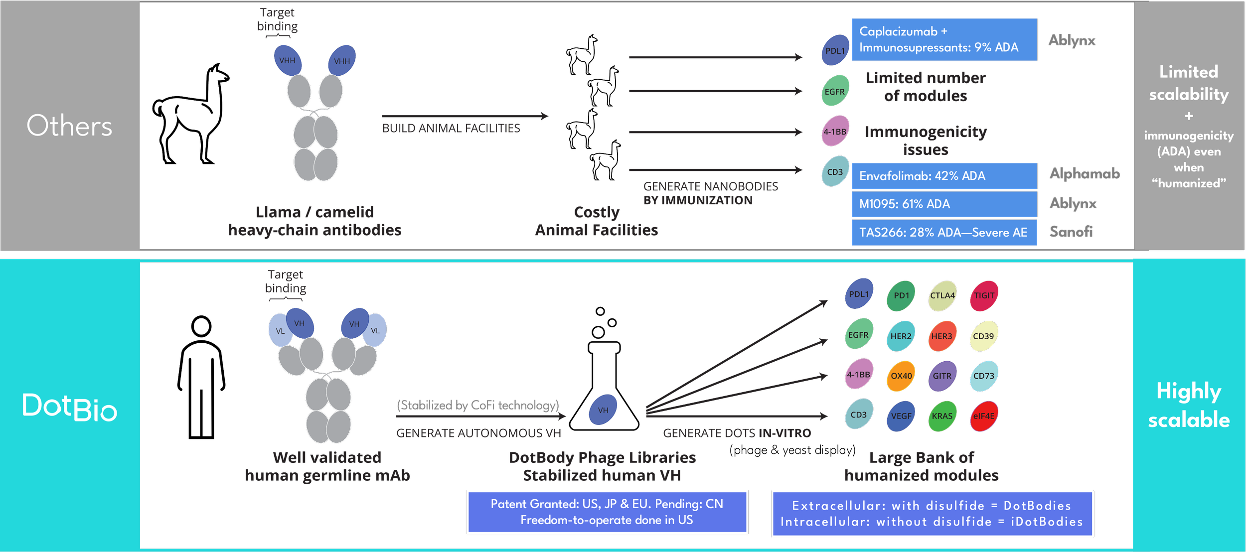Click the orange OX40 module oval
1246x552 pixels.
coord(901,377)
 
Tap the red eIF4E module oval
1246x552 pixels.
coord(983,416)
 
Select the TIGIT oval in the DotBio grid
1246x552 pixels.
coord(984,296)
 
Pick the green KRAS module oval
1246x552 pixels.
coord(942,416)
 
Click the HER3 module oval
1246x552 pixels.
coord(942,336)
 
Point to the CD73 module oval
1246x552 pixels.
coord(984,377)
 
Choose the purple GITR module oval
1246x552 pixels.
coord(942,377)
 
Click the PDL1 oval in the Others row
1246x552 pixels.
coord(835,51)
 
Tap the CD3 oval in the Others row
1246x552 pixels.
coord(835,172)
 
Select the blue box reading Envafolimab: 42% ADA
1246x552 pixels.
coord(944,176)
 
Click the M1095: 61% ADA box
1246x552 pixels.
coord(944,204)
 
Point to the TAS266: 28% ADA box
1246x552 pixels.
coord(944,233)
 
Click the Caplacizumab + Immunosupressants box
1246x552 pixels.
coord(944,40)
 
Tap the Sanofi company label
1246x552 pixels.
coord(1071,232)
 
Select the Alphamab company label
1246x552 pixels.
coord(1084,174)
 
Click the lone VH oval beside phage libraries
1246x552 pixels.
coord(603,410)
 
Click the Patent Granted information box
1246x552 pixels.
coord(607,512)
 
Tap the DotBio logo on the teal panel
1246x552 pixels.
coord(70,408)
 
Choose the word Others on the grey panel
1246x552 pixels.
coord(69,126)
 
